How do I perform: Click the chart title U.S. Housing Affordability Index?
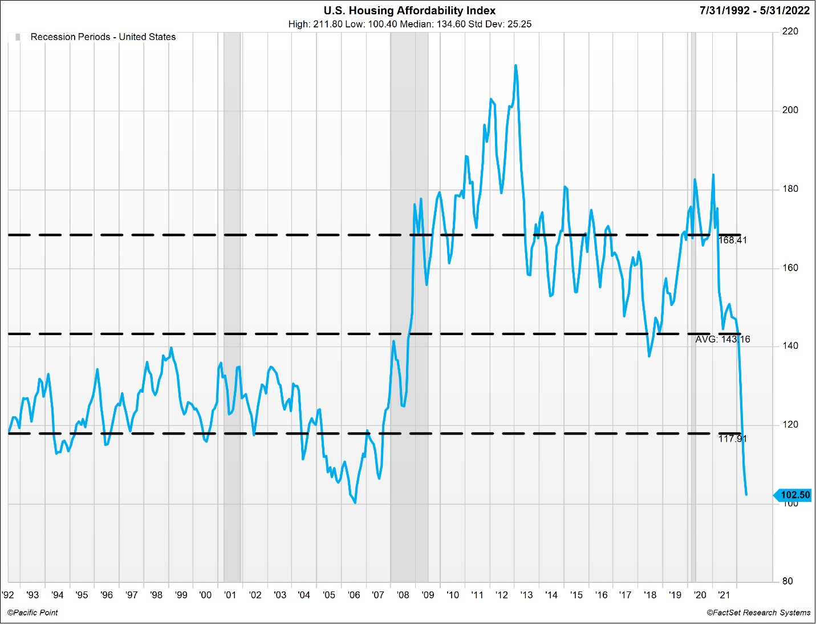pos(409,10)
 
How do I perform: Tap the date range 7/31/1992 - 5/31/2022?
pos(754,10)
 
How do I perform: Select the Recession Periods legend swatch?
pos(18,37)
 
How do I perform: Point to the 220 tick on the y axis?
pos(790,31)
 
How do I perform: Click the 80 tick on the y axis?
pos(787,581)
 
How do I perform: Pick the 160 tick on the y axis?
pos(790,268)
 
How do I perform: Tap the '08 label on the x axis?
pos(403,595)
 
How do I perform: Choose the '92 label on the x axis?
pos(8,595)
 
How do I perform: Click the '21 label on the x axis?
pos(724,595)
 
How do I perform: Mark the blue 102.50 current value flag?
pos(794,495)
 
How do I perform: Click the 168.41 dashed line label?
pos(732,240)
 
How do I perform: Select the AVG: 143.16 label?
pos(722,340)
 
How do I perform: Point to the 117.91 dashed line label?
pos(732,439)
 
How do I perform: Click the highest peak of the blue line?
pos(515,65)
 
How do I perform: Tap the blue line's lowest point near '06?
pos(355,502)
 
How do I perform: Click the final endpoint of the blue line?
pos(746,494)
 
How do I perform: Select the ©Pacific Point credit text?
pos(33,613)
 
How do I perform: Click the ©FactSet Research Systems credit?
pos(758,613)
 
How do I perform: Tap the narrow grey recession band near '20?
pos(693,285)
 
